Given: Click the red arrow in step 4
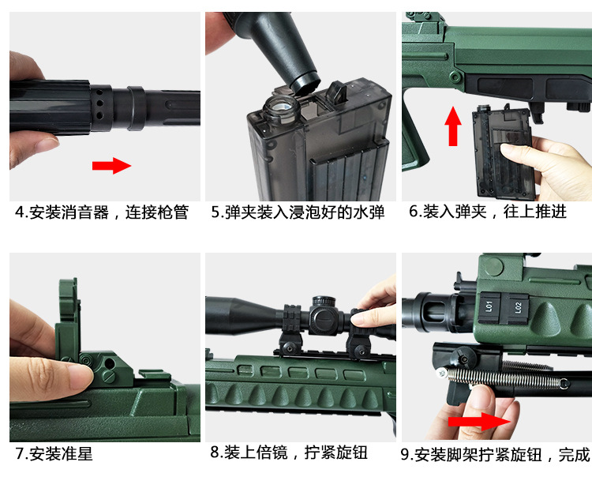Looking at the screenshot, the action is (x=111, y=166).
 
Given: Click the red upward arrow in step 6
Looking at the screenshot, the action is (x=453, y=126).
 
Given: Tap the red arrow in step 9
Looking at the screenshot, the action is (x=479, y=421).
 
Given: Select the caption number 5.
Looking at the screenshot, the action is (x=215, y=212).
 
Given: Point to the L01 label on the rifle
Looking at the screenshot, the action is (x=489, y=306).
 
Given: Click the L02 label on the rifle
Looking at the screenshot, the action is (x=518, y=307).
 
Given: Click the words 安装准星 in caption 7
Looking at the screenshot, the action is (x=61, y=453).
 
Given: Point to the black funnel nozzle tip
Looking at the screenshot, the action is (x=305, y=84).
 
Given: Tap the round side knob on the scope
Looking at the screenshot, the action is (x=324, y=320).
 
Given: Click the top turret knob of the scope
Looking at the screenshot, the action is (x=324, y=302).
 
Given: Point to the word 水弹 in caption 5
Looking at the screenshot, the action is (x=369, y=212).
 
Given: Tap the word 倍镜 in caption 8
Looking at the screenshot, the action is (x=272, y=453).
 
